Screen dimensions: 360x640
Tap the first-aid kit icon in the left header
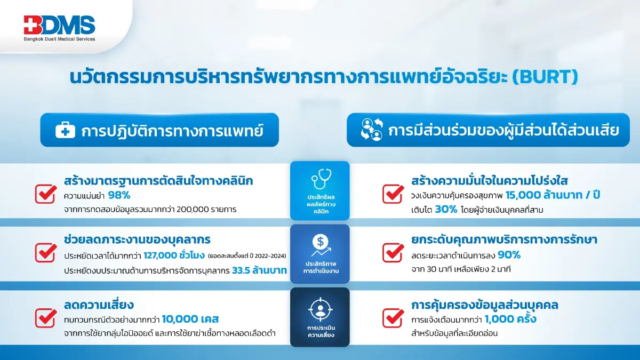pos(65,130)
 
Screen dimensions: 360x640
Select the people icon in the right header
pos(372,130)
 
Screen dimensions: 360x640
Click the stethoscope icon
pos(319,182)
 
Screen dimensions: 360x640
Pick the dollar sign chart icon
pos(319,245)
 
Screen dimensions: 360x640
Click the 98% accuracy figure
pos(118,195)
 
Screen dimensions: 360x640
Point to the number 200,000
pos(189,210)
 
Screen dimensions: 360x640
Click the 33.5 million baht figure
pos(260,270)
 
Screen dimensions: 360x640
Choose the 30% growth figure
pos(446,210)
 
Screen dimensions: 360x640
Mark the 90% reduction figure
pos(509,255)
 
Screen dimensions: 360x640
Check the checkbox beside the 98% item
pos(45,194)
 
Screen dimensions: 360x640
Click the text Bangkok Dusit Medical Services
pos(59,39)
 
